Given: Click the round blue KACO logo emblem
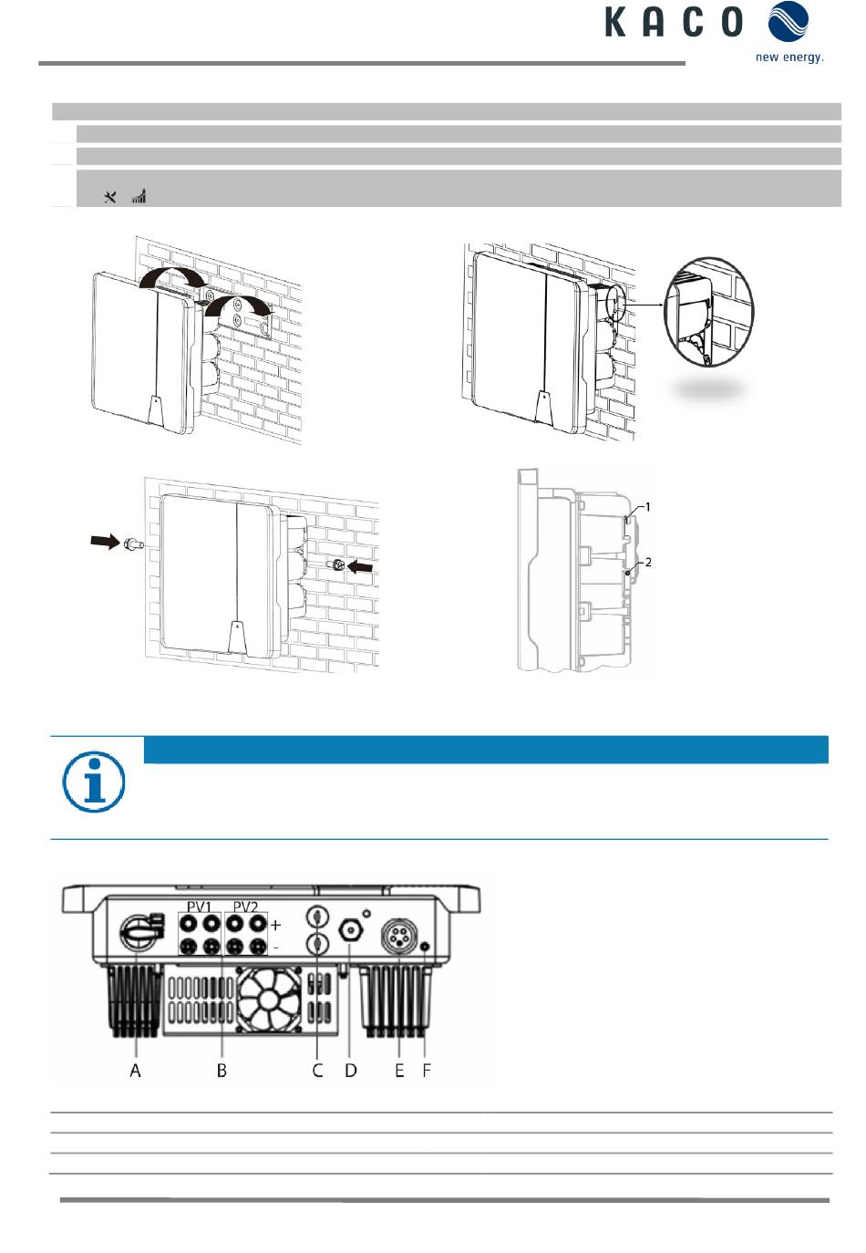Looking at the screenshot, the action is coord(789,21).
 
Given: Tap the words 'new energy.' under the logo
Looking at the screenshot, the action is coord(789,57).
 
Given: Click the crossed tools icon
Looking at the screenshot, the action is coord(109,196).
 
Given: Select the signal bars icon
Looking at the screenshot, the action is coord(139,196).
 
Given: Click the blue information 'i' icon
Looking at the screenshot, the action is coord(93,782).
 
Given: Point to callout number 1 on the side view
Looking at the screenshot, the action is coord(647,507).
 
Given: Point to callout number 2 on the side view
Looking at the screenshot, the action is coord(648,562).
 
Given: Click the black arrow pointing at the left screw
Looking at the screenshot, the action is coord(106,542).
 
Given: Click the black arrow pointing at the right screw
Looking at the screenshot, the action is coord(360,567).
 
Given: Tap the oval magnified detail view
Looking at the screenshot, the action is coord(708,312).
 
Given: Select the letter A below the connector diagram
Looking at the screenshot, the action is coord(135,1070).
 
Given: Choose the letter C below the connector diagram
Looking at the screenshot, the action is coord(317,1070).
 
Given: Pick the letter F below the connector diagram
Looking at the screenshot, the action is coord(427,1070).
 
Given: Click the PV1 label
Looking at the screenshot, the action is coord(199,906).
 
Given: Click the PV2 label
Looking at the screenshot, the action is coord(245,906).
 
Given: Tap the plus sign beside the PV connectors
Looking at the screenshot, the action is coord(275,926).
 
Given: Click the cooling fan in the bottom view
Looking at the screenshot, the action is coord(268,999).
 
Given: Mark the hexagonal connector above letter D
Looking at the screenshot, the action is coord(351,931).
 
